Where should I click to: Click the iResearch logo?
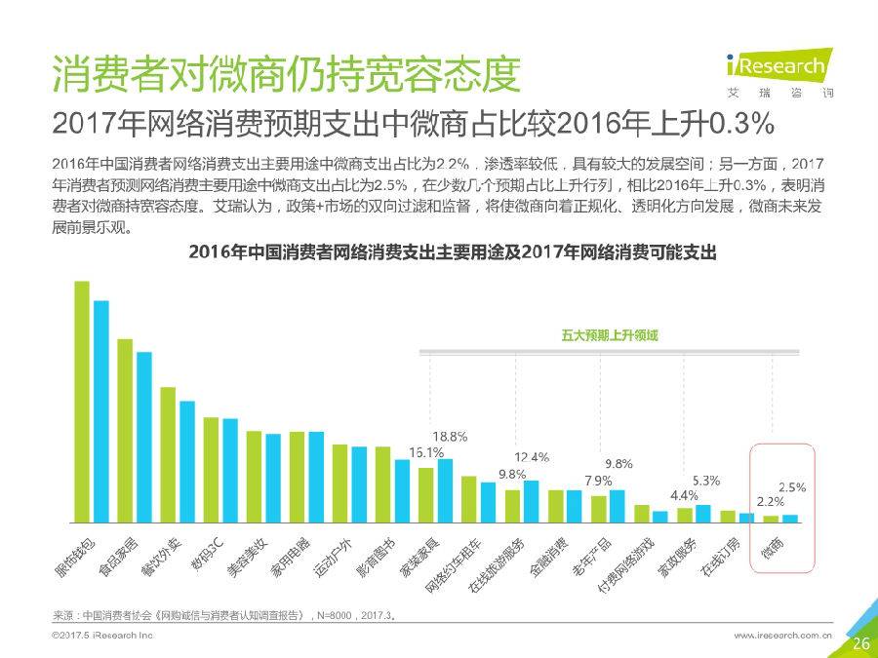coord(776,70)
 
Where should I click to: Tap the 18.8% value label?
coord(450,436)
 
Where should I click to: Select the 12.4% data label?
coord(532,456)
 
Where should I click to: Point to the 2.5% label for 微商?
coord(792,486)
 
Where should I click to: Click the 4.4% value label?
coord(683,494)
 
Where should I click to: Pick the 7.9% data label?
coord(598,481)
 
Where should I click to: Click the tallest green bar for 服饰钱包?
coord(82,402)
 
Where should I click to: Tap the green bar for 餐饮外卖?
coord(168,454)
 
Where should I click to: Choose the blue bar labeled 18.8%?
coord(446,490)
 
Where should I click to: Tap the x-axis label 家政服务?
coord(680,558)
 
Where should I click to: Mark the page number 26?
coord(860,643)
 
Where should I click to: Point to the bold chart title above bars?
coord(453,252)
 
